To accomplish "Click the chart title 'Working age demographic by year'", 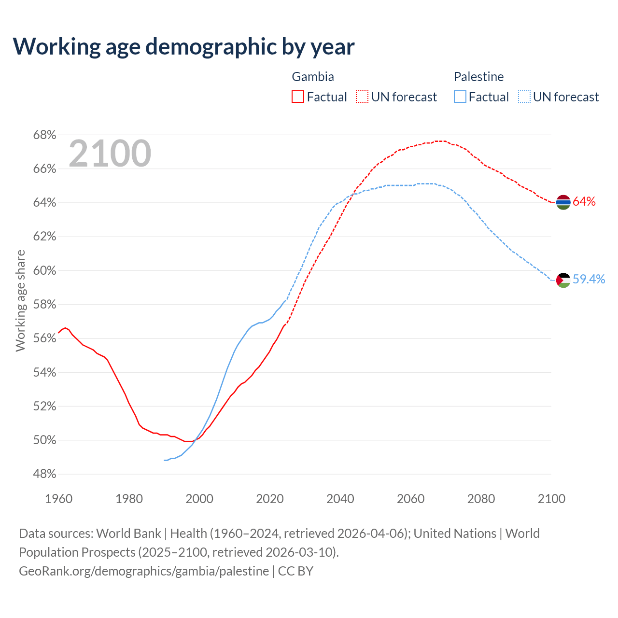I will [183, 46].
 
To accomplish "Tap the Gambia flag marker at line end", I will [563, 202].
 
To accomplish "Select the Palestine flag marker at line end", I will [563, 280].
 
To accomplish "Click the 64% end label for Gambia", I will [584, 202].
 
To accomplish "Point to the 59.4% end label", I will [589, 280].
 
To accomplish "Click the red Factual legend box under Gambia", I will [298, 97].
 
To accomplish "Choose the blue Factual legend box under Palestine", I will [460, 97].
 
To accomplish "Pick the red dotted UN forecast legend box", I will [362, 97].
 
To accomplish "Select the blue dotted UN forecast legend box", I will [524, 97].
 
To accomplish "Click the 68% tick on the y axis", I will [44, 135].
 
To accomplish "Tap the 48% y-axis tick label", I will [44, 474].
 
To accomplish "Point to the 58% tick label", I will [44, 305].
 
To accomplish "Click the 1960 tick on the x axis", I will [58, 499].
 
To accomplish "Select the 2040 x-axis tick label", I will [340, 499].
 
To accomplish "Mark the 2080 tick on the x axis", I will [481, 499].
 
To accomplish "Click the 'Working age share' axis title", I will [20, 300].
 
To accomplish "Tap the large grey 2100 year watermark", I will [110, 154].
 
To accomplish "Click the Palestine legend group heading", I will [478, 77].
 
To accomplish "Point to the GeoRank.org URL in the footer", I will [144, 571].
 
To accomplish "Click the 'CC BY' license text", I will [295, 571].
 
